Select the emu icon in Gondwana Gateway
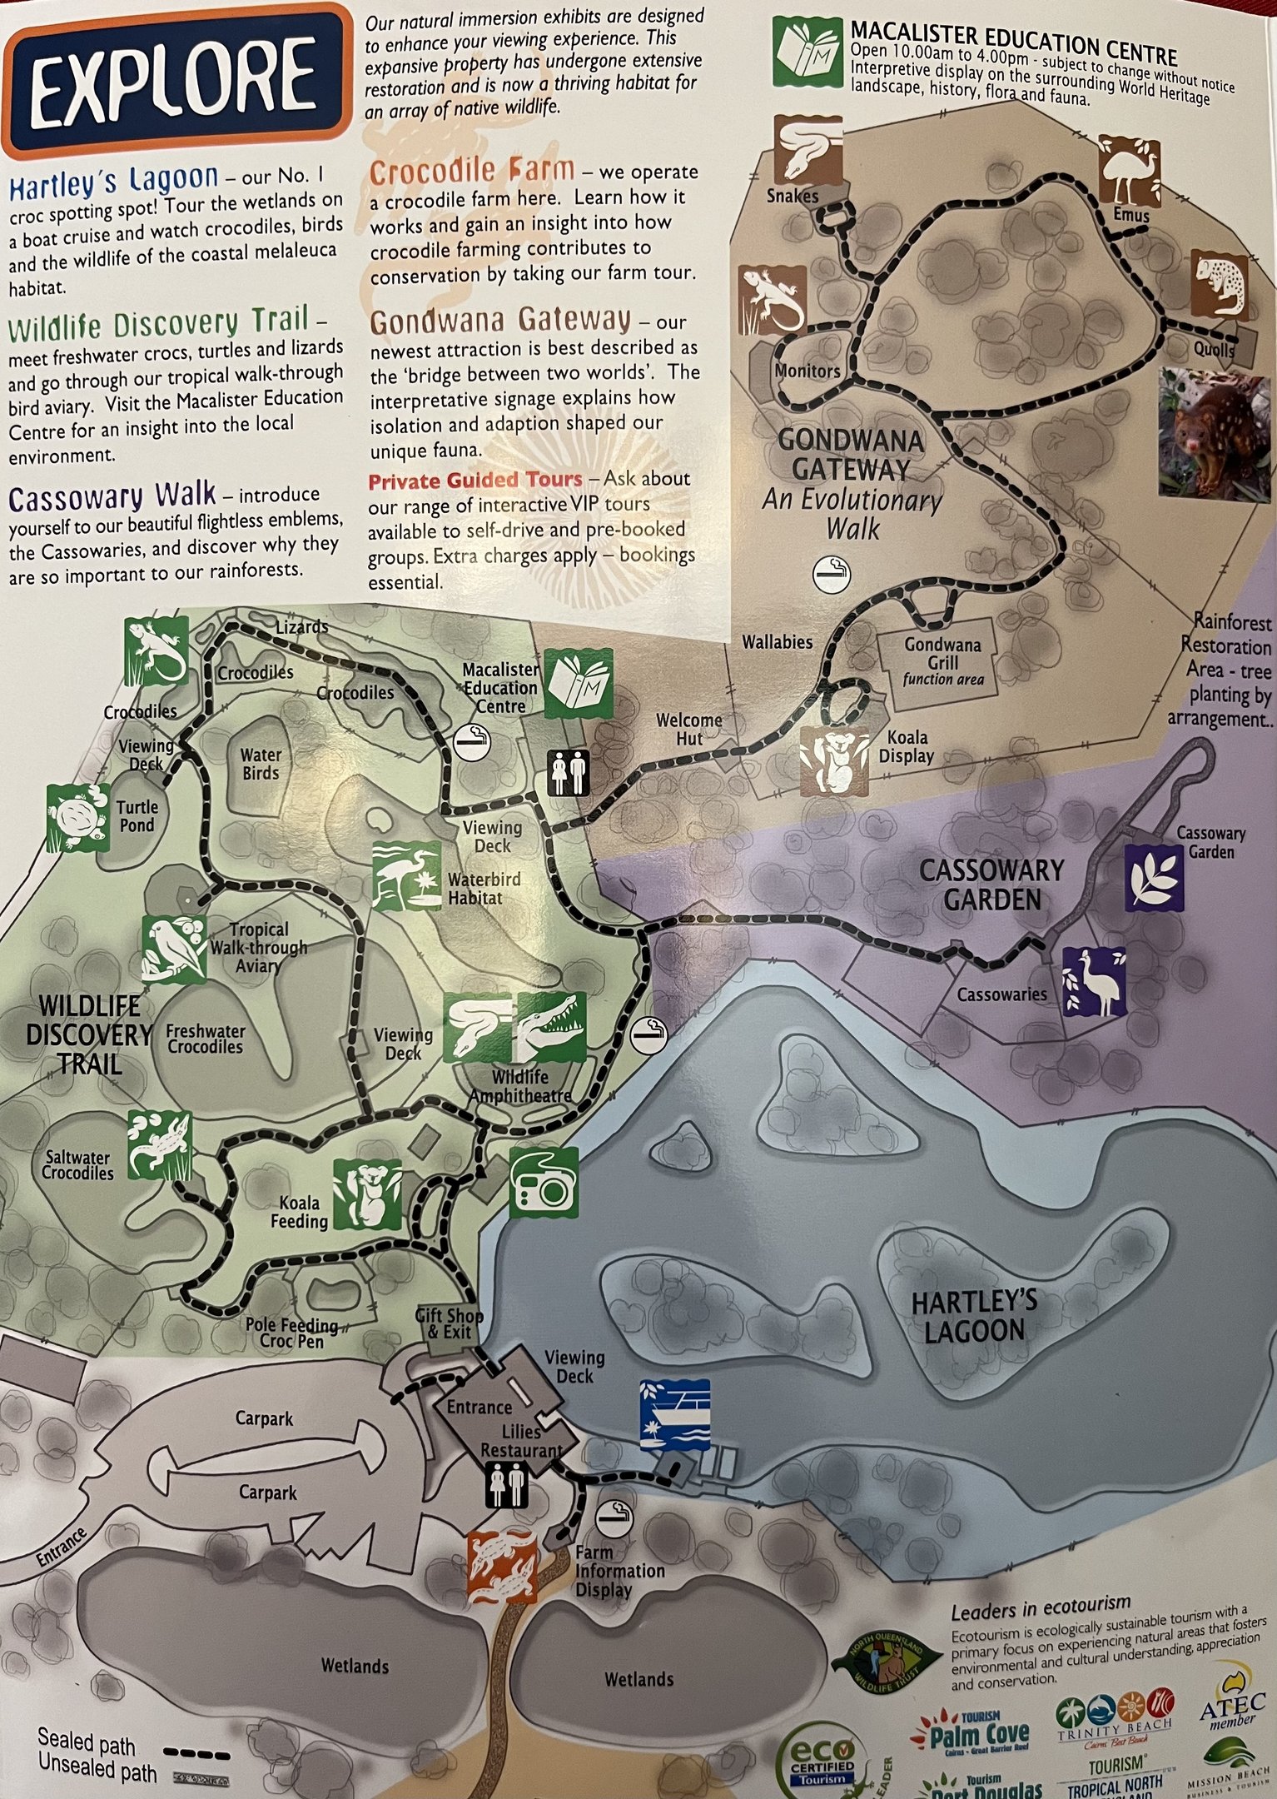pyautogui.click(x=1129, y=171)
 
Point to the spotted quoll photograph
pyautogui.click(x=1215, y=436)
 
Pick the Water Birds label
pyautogui.click(x=261, y=764)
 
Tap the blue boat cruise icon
pyautogui.click(x=674, y=1414)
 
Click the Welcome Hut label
pyautogui.click(x=688, y=729)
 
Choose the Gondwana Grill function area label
pyautogui.click(x=943, y=661)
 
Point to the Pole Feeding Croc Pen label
pyautogui.click(x=291, y=1333)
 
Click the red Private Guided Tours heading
pyautogui.click(x=475, y=481)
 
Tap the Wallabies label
pyautogui.click(x=777, y=642)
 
